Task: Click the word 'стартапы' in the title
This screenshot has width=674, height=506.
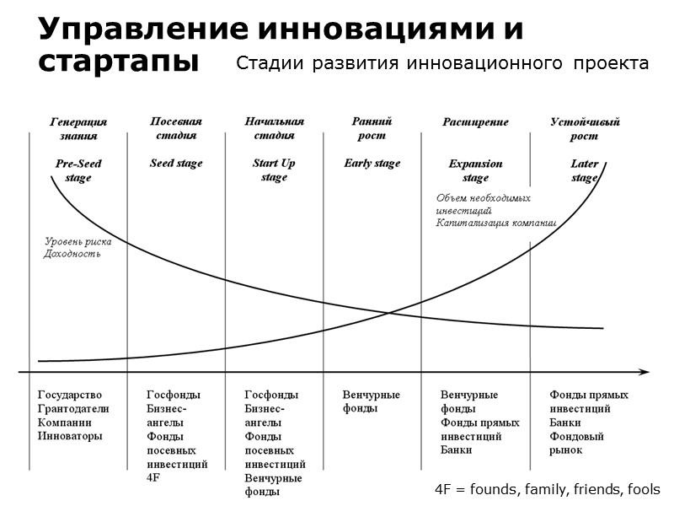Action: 118,62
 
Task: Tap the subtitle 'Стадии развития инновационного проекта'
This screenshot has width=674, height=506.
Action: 442,63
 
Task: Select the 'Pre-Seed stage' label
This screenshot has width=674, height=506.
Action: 78,170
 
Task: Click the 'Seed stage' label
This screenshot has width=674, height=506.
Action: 176,164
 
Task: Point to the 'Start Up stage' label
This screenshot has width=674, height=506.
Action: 274,170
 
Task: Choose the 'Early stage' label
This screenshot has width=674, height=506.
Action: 372,164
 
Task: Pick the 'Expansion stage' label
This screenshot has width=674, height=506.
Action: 475,170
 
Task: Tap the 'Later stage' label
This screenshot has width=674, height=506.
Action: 585,170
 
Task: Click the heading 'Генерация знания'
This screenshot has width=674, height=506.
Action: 78,128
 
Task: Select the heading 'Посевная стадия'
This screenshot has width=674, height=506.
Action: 176,128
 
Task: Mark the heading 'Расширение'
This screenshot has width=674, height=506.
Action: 475,122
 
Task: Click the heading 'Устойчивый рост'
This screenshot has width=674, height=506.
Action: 585,128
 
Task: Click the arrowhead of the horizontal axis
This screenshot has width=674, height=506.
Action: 645,371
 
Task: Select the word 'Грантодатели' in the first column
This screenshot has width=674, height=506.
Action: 72,409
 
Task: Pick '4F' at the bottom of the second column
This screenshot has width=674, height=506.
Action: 153,478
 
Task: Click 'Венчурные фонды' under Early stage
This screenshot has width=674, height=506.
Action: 372,401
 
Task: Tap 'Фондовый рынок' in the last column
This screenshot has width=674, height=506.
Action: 578,443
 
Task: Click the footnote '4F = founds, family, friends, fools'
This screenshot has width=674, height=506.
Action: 548,489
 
